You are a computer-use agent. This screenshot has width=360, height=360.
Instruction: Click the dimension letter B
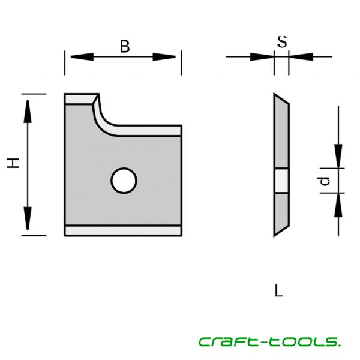124,46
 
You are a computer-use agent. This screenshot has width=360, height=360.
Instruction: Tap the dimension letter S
281,42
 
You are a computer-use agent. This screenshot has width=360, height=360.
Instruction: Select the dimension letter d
325,181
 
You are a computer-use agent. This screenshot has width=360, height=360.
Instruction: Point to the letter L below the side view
278,292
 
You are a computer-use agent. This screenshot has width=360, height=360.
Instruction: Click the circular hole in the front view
123,180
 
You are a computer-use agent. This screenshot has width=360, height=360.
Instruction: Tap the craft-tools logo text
269,341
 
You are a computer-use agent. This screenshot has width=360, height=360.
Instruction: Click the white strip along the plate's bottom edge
123,230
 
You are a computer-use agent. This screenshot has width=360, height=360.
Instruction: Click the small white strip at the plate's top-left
79,98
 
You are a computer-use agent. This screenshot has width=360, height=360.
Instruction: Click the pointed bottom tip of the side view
275,234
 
